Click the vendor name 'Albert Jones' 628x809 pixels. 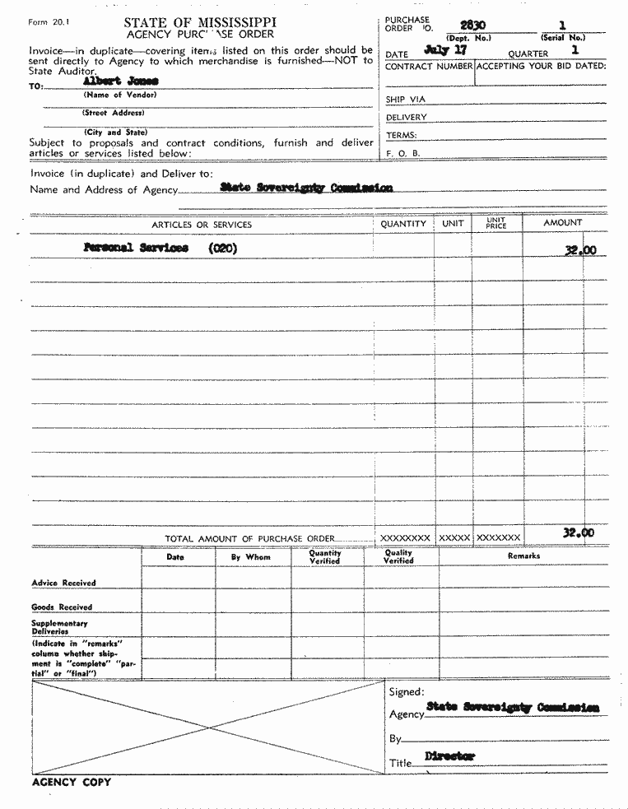(121, 81)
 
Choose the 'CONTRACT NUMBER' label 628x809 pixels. (429, 66)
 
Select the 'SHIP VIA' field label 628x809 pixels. (407, 100)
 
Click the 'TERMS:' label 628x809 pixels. (402, 135)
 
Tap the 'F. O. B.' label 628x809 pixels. (403, 153)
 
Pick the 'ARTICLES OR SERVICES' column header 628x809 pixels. (202, 225)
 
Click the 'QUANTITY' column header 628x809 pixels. (403, 224)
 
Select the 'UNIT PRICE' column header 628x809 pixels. (496, 224)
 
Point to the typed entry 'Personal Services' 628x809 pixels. (136, 248)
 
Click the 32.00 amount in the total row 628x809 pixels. (579, 533)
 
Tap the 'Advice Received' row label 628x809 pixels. (63, 583)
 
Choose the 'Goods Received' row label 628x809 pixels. (62, 607)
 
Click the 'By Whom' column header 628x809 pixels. (250, 557)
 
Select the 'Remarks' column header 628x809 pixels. (523, 556)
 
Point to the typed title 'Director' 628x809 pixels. (450, 756)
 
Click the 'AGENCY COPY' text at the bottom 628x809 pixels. (71, 782)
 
